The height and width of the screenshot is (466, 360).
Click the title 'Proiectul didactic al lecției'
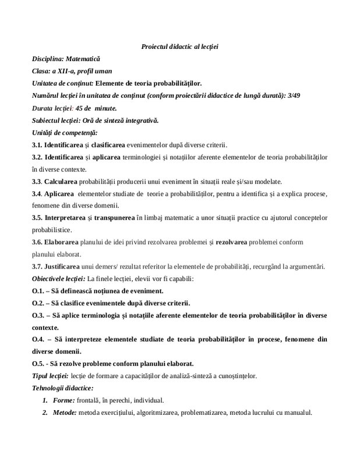coord(179,45)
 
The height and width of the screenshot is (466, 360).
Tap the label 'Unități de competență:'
coord(65,133)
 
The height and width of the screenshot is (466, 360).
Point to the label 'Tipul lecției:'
coord(51,375)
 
